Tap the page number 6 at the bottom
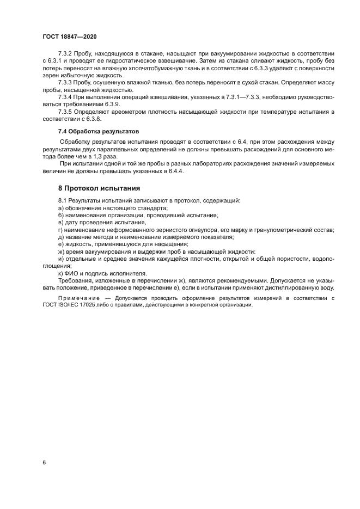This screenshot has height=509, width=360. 44,462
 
